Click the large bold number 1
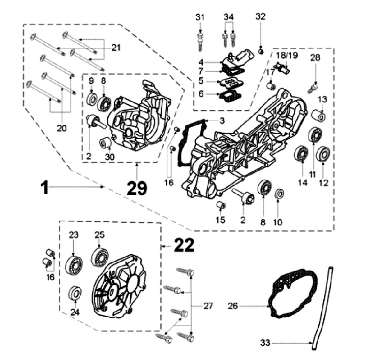(45, 187)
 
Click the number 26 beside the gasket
(233, 306)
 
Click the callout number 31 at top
(200, 17)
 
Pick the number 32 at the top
(260, 17)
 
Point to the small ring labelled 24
(75, 293)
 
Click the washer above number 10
(279, 195)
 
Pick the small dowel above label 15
(221, 205)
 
